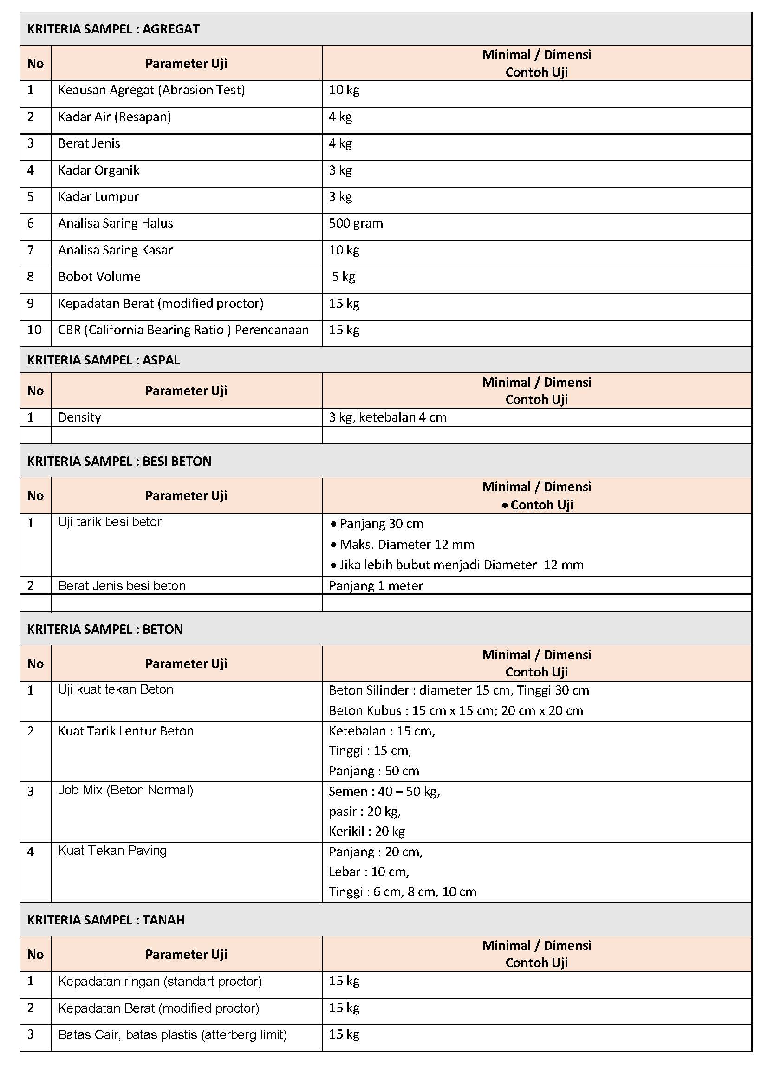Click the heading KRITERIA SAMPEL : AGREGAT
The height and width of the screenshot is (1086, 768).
pyautogui.click(x=113, y=29)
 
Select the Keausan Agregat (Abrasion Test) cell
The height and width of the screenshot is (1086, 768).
pyautogui.click(x=151, y=90)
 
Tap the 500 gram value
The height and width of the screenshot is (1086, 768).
pyautogui.click(x=356, y=223)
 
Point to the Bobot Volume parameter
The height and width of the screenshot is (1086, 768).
pyautogui.click(x=99, y=277)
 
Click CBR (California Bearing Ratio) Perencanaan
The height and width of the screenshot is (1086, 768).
pyautogui.click(x=183, y=330)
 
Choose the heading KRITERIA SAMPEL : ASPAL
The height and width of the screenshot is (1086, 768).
pyautogui.click(x=103, y=360)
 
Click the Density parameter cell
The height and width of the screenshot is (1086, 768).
pyautogui.click(x=79, y=417)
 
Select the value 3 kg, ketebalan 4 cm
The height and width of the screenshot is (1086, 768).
pyautogui.click(x=387, y=417)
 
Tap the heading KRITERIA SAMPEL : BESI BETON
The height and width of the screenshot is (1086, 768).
pyautogui.click(x=119, y=461)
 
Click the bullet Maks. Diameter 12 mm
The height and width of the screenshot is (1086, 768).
pyautogui.click(x=407, y=545)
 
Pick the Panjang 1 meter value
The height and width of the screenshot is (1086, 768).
pyautogui.click(x=376, y=586)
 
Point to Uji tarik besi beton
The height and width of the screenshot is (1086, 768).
pyautogui.click(x=111, y=522)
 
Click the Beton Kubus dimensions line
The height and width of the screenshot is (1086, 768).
pyautogui.click(x=456, y=710)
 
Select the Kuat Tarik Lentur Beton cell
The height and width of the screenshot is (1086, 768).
pyautogui.click(x=126, y=731)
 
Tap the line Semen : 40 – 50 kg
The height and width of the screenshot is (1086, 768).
pyautogui.click(x=384, y=792)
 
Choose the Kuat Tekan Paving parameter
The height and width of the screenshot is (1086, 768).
pyautogui.click(x=112, y=851)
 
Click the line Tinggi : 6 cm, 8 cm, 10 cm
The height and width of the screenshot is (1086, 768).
pyautogui.click(x=402, y=891)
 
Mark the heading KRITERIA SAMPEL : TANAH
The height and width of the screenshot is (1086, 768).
pyautogui.click(x=105, y=920)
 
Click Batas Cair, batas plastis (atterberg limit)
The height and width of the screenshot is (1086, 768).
pyautogui.click(x=172, y=1035)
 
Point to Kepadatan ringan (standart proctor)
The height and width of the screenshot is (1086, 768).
pyautogui.click(x=159, y=982)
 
